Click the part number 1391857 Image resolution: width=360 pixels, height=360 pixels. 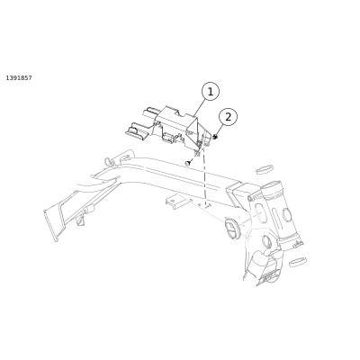[19, 78]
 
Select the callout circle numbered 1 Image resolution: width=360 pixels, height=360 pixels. [211, 92]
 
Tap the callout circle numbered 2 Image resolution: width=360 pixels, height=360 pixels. [229, 117]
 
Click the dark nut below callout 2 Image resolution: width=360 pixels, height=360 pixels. [215, 137]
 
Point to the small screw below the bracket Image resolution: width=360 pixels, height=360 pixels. [188, 164]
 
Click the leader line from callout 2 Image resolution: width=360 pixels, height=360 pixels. [220, 130]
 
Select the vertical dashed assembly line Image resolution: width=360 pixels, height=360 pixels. [205, 177]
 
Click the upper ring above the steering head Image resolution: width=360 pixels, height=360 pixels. [265, 168]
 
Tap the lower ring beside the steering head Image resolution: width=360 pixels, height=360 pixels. [297, 262]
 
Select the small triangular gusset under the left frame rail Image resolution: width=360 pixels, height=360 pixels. [79, 220]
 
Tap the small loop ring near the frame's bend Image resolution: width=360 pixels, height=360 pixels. [108, 161]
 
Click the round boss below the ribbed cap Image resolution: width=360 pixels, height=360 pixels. [266, 241]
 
